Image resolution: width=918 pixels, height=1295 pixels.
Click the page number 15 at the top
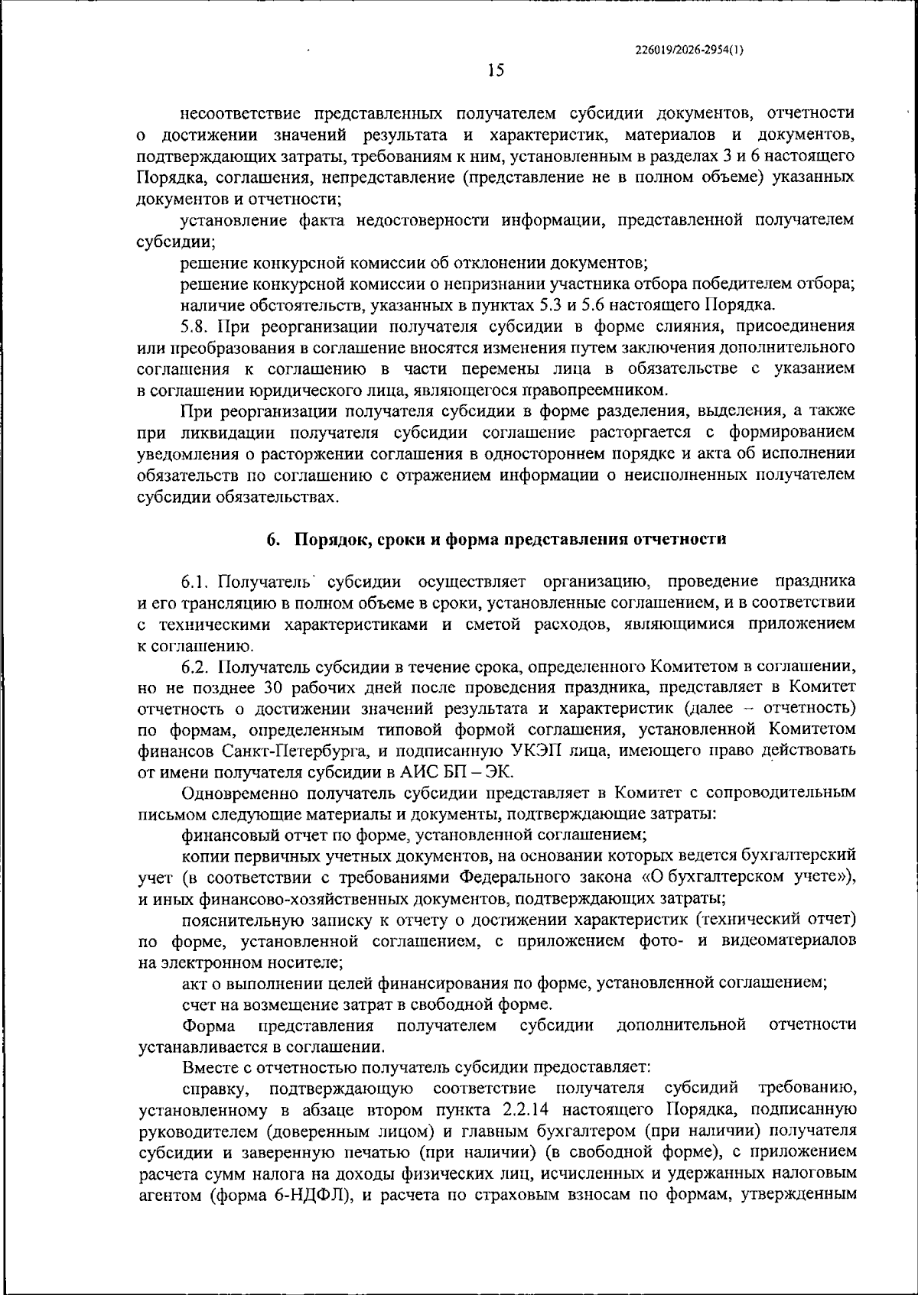coord(495,71)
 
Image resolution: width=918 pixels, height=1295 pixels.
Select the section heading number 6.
coord(272,539)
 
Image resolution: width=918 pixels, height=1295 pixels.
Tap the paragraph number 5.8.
coord(195,326)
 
